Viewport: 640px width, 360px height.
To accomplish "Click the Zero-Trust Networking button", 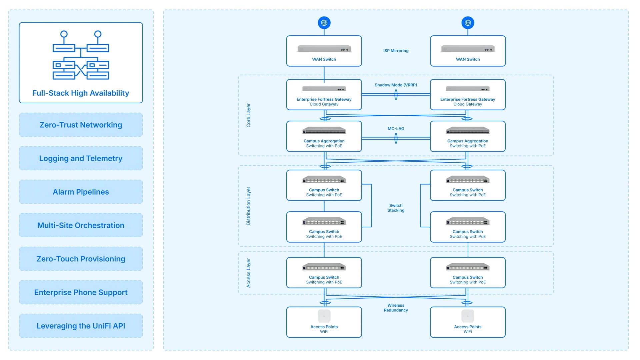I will pos(81,125).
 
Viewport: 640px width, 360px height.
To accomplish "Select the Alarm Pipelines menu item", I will pos(81,192).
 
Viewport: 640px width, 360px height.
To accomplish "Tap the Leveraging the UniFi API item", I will pos(81,326).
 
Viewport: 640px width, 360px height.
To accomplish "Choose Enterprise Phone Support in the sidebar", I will pos(81,292).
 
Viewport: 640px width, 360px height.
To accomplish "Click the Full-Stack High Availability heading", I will pos(81,93).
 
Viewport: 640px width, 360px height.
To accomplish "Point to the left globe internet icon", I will pos(324,23).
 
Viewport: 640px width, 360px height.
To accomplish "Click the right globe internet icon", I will pos(468,23).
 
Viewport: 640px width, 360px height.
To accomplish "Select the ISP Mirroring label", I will pos(396,51).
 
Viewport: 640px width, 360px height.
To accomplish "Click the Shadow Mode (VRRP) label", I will pos(396,85).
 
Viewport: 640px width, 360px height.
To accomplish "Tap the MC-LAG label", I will pos(396,129).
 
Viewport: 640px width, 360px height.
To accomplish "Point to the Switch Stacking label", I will pos(396,208).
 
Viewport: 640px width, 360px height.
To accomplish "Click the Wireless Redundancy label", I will pos(396,308).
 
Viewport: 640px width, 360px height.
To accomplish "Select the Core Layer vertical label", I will pos(248,115).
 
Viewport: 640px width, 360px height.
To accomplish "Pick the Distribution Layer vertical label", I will pos(248,206).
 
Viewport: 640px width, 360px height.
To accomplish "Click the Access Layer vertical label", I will pos(248,273).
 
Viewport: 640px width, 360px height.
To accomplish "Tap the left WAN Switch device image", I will pos(324,49).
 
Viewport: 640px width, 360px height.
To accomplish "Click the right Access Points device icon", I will pos(468,316).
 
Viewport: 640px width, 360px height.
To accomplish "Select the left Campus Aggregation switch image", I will pos(324,130).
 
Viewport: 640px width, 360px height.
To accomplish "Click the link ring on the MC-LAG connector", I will pos(396,138).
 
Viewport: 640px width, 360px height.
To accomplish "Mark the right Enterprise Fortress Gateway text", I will pos(468,99).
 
